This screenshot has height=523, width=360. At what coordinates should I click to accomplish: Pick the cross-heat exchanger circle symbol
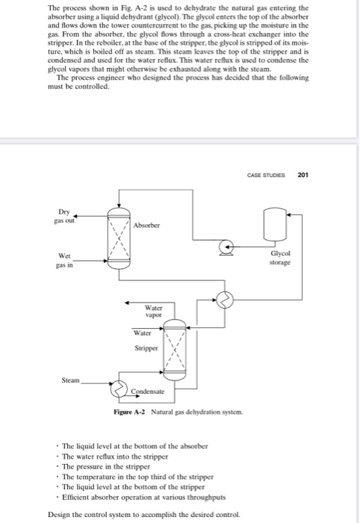225,299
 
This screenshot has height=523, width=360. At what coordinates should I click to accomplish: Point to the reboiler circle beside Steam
120,388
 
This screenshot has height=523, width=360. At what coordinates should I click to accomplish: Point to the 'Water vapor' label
153,309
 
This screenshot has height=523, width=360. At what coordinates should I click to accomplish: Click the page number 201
302,176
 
